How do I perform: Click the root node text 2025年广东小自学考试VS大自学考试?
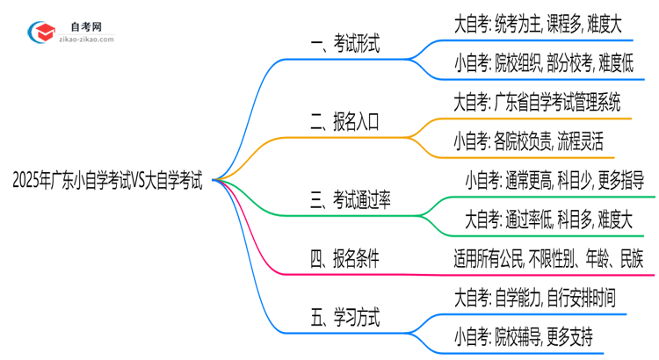[x=107, y=182]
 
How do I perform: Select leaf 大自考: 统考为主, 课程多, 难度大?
[x=538, y=25]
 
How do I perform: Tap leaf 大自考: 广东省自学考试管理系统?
[x=541, y=103]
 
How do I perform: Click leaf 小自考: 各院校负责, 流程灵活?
[x=528, y=141]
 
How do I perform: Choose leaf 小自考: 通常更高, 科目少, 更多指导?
[x=554, y=182]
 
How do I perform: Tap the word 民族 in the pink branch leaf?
[x=629, y=259]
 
